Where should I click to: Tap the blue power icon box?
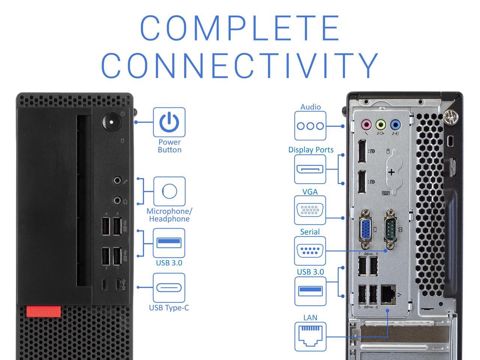click(169, 122)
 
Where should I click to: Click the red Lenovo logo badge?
click(43, 312)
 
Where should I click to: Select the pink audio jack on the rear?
click(366, 124)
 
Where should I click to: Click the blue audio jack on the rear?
click(395, 124)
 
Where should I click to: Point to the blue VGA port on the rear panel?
click(366, 229)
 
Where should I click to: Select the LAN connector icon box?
click(310, 336)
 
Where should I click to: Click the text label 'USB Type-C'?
click(169, 308)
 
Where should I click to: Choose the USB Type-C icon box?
click(169, 288)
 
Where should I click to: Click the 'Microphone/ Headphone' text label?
click(169, 215)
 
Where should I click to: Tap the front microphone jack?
click(117, 180)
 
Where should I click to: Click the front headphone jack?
click(117, 201)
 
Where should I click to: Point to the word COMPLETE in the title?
click(240, 28)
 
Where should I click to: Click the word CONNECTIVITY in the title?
click(240, 66)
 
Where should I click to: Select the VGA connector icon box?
click(310, 210)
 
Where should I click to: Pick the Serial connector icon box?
click(310, 250)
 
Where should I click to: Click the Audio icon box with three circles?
click(310, 126)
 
